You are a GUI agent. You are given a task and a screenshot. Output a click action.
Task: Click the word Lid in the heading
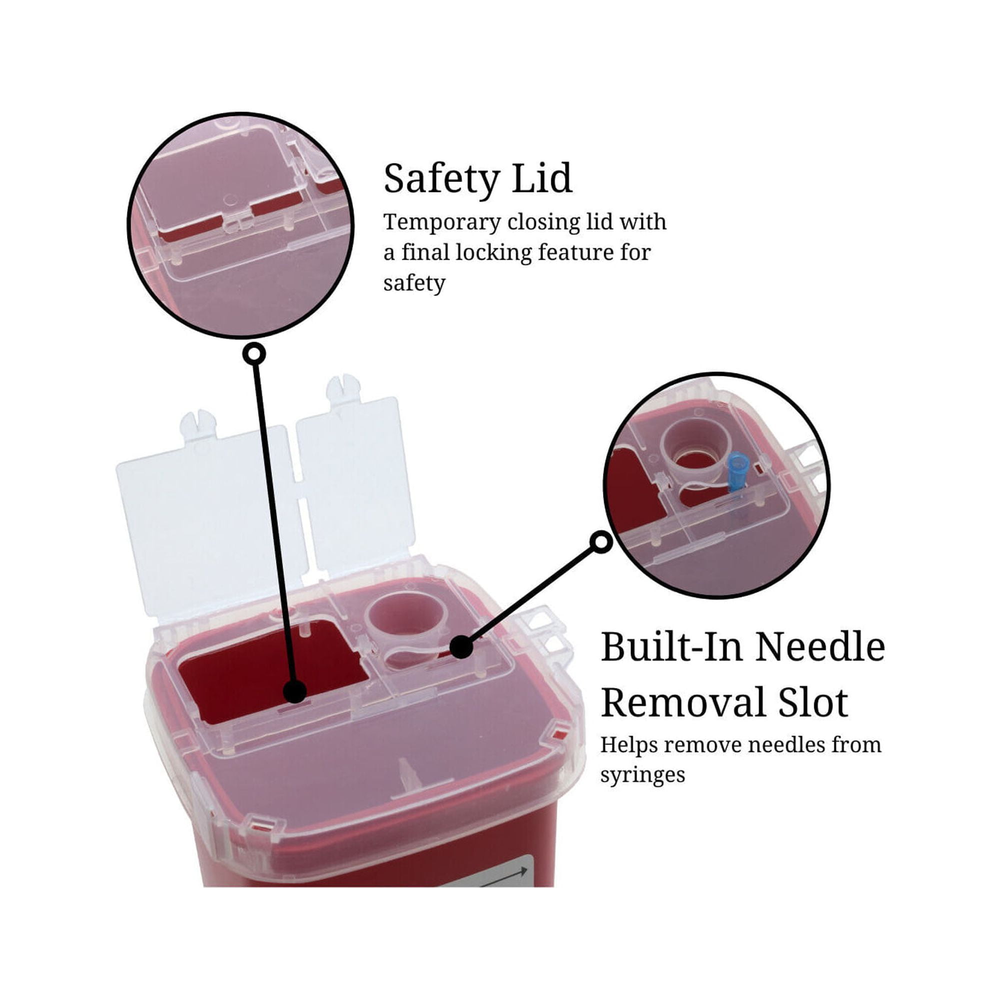[542, 178]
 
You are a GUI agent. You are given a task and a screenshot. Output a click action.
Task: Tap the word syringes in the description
[642, 776]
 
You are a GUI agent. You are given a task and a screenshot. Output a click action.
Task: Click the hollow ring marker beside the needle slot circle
[601, 542]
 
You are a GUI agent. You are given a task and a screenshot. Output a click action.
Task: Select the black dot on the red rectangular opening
[295, 691]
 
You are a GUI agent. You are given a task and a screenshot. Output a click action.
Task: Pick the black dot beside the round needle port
[461, 647]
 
